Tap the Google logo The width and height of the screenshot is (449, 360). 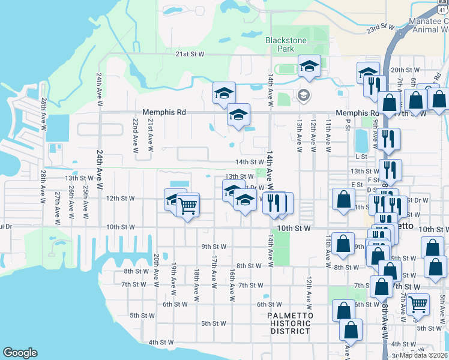click(20, 353)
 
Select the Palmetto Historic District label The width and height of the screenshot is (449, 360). click(290, 323)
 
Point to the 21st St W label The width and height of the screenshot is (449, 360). click(190, 54)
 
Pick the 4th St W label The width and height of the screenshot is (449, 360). click(161, 342)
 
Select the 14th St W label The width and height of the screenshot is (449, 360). click(250, 162)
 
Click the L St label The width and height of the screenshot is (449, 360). click(361, 156)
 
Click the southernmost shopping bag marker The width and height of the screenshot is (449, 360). click(351, 329)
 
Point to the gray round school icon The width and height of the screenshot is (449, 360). click(303, 95)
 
